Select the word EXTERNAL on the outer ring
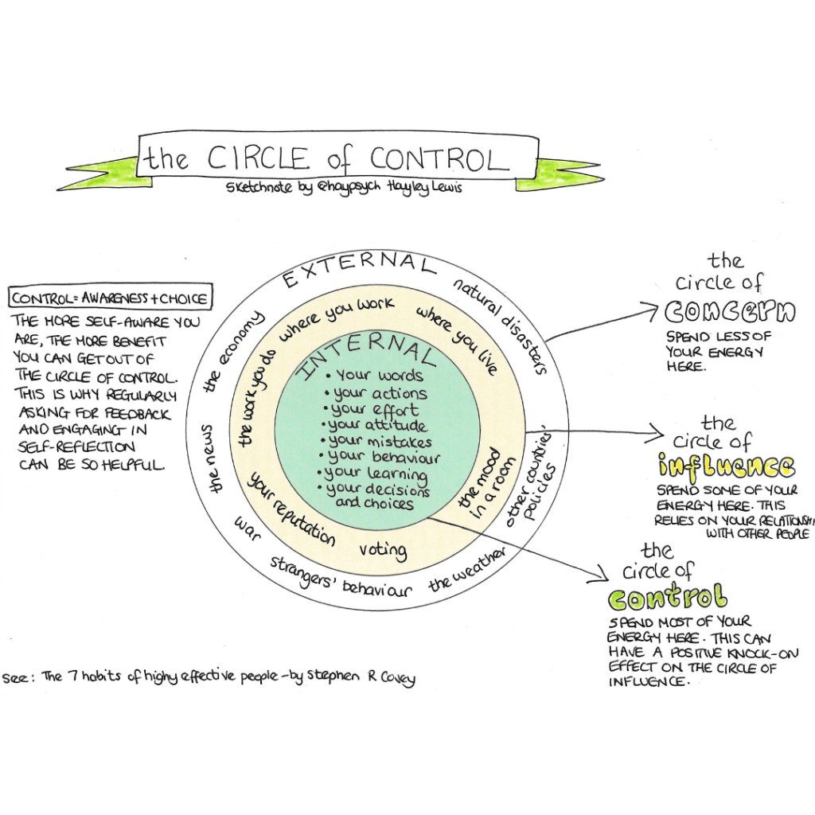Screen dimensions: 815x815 click(360, 269)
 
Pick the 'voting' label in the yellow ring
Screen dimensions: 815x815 click(383, 550)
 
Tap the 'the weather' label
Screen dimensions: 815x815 click(467, 569)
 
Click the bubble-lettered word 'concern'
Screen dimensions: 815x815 click(730, 313)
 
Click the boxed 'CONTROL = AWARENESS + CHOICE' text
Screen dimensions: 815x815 click(111, 299)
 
